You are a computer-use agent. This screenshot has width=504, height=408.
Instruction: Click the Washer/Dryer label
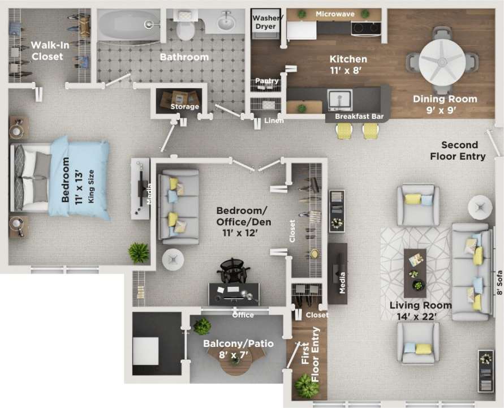tap(265, 22)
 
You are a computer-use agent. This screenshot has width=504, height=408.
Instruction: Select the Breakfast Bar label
tap(359, 117)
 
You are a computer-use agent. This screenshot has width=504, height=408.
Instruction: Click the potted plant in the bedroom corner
tap(138, 252)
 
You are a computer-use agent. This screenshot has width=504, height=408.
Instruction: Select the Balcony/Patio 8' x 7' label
tap(238, 349)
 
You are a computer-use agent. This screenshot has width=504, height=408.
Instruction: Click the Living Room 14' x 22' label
tap(421, 311)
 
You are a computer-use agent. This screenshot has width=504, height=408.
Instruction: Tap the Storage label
tap(185, 106)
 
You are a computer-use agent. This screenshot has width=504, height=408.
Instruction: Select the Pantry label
tap(266, 81)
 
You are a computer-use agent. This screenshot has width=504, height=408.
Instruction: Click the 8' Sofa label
tap(499, 284)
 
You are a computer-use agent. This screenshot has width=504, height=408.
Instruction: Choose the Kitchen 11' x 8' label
tap(348, 65)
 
